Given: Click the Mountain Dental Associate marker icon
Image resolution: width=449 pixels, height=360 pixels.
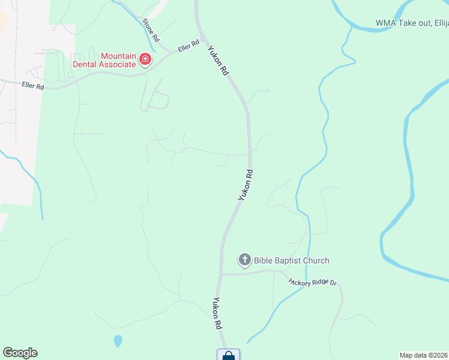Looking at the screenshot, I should point(145,59).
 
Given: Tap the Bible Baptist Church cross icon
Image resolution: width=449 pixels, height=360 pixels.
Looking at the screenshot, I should point(244,260).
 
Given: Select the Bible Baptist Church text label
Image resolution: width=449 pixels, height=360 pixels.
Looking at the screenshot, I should point(292,260).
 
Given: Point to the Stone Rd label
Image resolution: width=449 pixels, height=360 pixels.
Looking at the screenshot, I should point(151,29).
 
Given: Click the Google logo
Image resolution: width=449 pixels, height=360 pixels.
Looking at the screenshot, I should point(20,353).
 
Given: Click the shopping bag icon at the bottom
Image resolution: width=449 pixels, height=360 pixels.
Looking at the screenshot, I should point(228,355).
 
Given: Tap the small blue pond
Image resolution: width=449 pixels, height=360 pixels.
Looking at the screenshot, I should point(118,341).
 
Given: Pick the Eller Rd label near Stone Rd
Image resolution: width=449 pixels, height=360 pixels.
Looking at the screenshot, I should point(188,46).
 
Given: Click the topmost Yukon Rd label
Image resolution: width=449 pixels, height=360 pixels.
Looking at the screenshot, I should point(218,61).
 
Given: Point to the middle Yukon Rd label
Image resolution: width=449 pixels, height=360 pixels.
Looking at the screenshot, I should point(246,184).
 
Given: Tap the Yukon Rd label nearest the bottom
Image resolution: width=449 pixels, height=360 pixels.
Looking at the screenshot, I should point(217,314).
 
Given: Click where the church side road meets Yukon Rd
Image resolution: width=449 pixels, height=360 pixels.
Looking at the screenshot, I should point(221,274).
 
